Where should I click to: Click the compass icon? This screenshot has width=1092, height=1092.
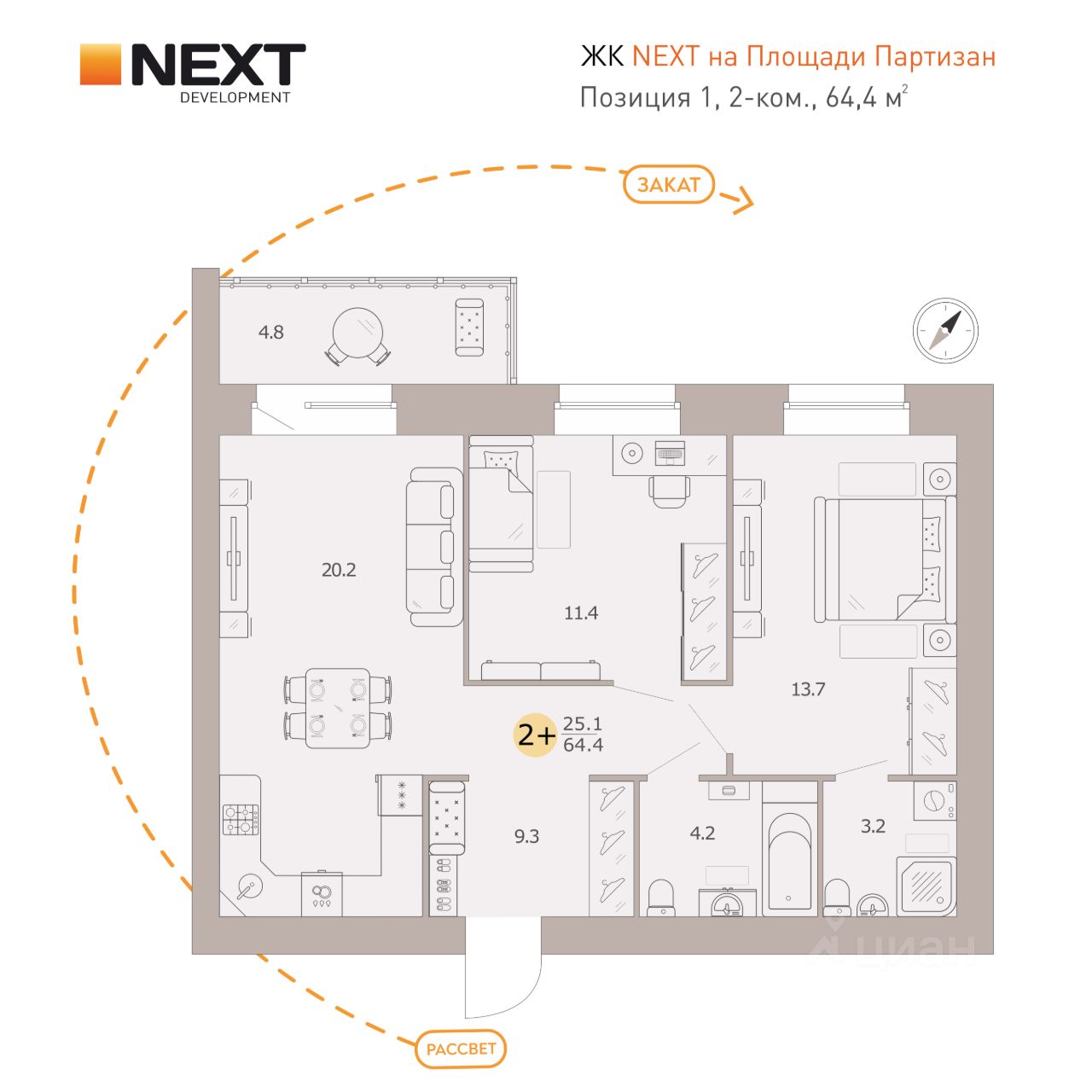(x=945, y=330)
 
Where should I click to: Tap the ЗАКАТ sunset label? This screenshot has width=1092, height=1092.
(x=668, y=185)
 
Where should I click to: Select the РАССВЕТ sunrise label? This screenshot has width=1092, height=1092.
(x=461, y=1048)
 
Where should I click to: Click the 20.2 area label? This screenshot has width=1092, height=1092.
(x=339, y=570)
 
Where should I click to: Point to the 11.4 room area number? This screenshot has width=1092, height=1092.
(x=581, y=613)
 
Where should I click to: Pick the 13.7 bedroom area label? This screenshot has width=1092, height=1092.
(x=808, y=689)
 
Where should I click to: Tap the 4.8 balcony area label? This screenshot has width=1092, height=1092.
(x=271, y=332)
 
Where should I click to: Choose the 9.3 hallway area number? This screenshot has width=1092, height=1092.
(x=526, y=836)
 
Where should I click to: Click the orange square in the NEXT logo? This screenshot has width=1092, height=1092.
(x=101, y=64)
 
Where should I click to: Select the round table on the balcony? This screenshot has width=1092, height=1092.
(x=357, y=334)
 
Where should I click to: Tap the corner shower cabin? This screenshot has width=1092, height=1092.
(x=926, y=886)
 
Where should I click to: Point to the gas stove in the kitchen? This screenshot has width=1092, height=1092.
(x=241, y=819)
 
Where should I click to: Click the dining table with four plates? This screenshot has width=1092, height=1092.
(x=338, y=708)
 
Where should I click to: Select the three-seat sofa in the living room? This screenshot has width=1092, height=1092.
(x=434, y=547)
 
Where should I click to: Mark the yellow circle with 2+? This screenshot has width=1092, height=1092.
(x=534, y=735)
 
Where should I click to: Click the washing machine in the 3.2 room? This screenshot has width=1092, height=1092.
(x=934, y=801)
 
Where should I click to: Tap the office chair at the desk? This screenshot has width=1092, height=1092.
(x=669, y=491)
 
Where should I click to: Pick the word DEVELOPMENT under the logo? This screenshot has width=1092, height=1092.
(x=235, y=97)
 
